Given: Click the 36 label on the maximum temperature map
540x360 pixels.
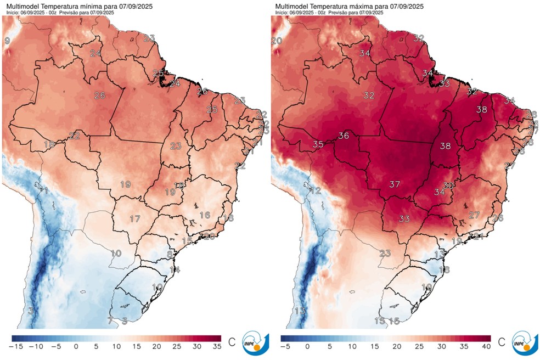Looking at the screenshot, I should (344, 136).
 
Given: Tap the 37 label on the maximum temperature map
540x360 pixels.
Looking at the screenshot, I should (394, 184).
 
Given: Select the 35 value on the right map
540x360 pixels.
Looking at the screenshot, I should (318, 144).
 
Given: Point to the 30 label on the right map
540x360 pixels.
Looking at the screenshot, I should (448, 185).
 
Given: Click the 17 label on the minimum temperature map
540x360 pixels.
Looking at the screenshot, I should (134, 218).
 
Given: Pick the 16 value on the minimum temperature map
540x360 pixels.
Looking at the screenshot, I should (205, 215).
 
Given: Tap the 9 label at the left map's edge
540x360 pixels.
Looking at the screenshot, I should (7, 41).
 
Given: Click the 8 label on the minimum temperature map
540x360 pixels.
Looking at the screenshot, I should (170, 254).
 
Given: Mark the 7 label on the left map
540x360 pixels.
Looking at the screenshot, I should (110, 320).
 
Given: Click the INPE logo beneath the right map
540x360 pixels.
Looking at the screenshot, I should (524, 345).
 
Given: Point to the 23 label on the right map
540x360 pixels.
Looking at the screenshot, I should (385, 253).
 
